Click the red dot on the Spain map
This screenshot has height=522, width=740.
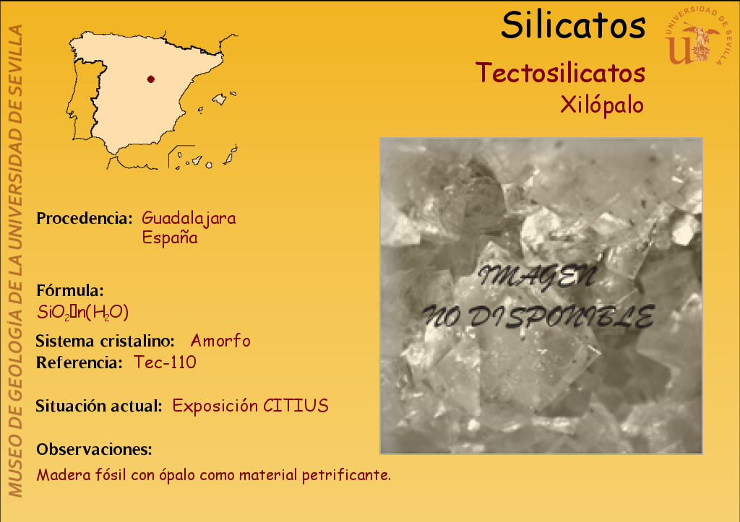click(150, 79)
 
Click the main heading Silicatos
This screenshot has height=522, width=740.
click(573, 25)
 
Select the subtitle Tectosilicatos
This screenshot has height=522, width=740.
click(560, 73)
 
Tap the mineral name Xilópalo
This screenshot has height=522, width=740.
click(602, 105)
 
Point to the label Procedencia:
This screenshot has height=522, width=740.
click(85, 218)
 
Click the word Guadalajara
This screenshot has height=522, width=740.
click(189, 219)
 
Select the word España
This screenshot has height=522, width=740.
click(170, 238)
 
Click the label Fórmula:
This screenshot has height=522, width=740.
click(70, 290)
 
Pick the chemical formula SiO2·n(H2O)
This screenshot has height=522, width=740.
click(82, 312)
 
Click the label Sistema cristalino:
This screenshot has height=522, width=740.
click(106, 341)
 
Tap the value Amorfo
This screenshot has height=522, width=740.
click(220, 341)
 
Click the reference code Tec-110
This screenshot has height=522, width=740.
click(165, 362)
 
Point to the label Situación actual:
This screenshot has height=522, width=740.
click(99, 406)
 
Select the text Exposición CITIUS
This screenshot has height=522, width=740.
click(250, 406)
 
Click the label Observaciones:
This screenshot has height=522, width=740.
click(95, 449)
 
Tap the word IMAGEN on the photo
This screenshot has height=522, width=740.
click(538, 277)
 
